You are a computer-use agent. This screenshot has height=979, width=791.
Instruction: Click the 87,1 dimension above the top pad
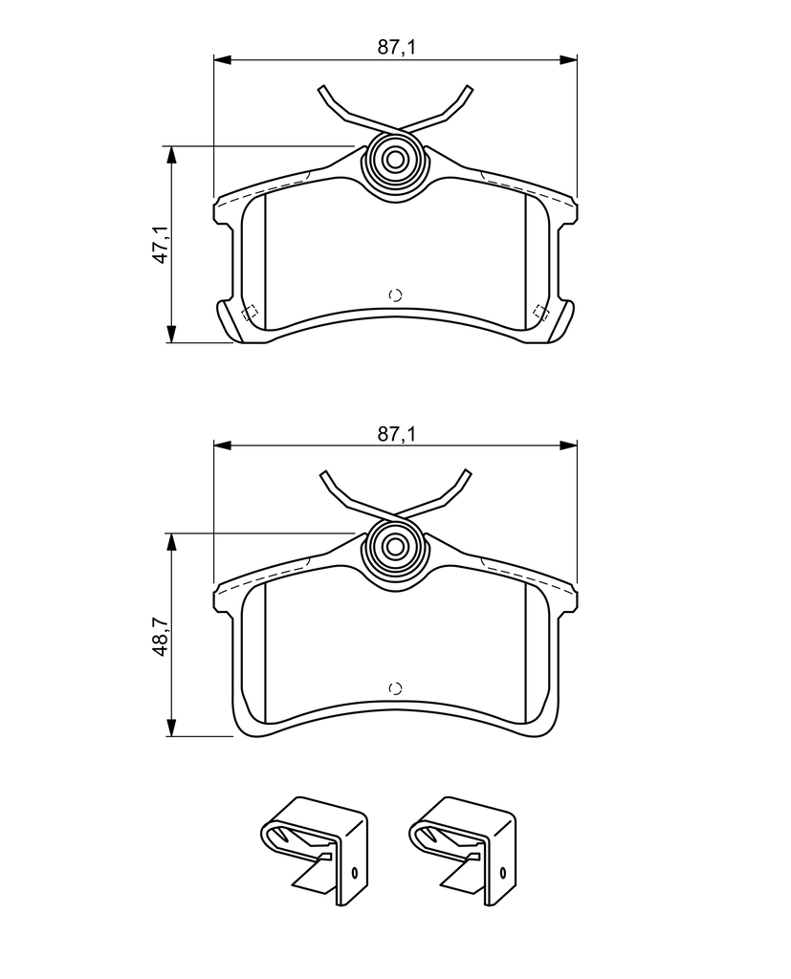[x=396, y=48]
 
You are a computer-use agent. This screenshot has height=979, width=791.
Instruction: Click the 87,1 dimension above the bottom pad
[x=396, y=434]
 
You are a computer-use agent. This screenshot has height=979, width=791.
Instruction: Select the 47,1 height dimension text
[x=162, y=245]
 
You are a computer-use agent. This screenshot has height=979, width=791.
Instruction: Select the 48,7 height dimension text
[x=162, y=636]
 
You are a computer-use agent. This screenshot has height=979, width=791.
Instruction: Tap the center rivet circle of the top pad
[x=395, y=160]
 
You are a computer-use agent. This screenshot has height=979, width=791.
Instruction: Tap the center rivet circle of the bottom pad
[x=395, y=547]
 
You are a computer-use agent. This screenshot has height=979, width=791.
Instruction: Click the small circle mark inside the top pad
[x=395, y=295]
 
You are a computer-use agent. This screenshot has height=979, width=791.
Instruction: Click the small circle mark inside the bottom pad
[x=395, y=688]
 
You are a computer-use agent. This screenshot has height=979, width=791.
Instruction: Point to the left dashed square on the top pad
[x=250, y=313]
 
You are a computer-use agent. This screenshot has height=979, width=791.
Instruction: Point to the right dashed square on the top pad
[x=541, y=313]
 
